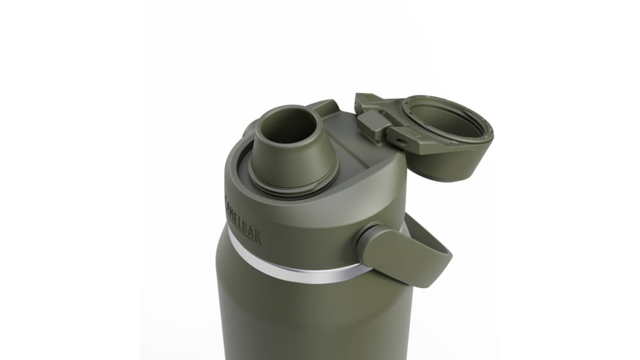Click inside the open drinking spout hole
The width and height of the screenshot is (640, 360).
pyautogui.click(x=293, y=124)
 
